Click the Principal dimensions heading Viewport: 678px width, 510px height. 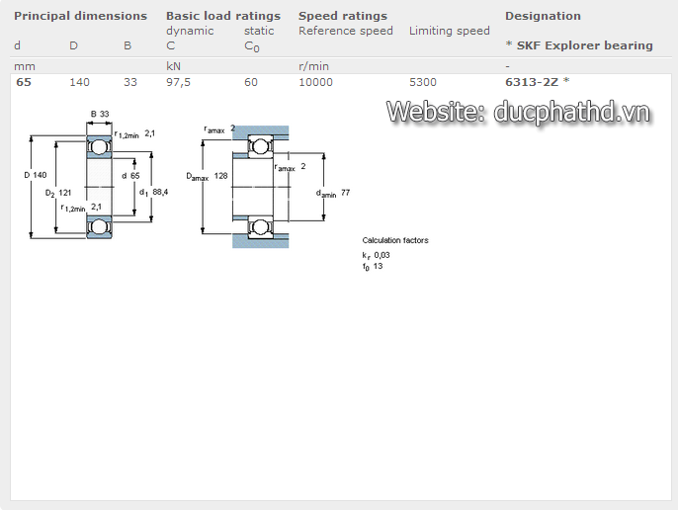80,16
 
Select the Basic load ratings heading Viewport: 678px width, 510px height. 222,16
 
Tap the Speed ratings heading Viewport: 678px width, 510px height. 342,16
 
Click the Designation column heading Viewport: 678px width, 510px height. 543,16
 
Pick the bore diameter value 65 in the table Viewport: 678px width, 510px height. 24,82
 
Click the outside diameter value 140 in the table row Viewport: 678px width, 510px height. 79,82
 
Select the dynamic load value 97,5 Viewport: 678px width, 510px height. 179,82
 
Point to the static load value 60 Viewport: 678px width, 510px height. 251,82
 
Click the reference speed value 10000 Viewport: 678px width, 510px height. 315,82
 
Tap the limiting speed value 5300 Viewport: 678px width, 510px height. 422,82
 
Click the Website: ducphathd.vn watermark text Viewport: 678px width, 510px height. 518,112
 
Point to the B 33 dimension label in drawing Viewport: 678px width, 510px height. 99,115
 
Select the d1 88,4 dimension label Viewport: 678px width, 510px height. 153,192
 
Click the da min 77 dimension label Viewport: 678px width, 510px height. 333,192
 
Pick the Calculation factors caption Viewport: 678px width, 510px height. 395,240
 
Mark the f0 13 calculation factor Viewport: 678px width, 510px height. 373,266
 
